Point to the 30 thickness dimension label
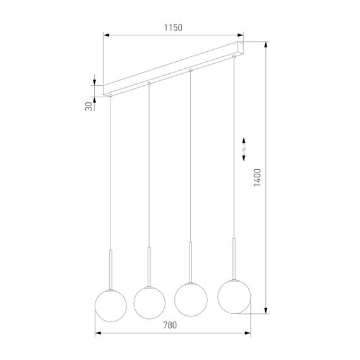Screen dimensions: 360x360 [x=88, y=106]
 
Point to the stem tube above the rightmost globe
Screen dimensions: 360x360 [x=233, y=256]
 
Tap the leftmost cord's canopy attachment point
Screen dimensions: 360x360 [x=110, y=95]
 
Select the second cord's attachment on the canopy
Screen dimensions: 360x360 [x=149, y=83]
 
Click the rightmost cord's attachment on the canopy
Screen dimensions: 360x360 [x=233, y=56]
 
